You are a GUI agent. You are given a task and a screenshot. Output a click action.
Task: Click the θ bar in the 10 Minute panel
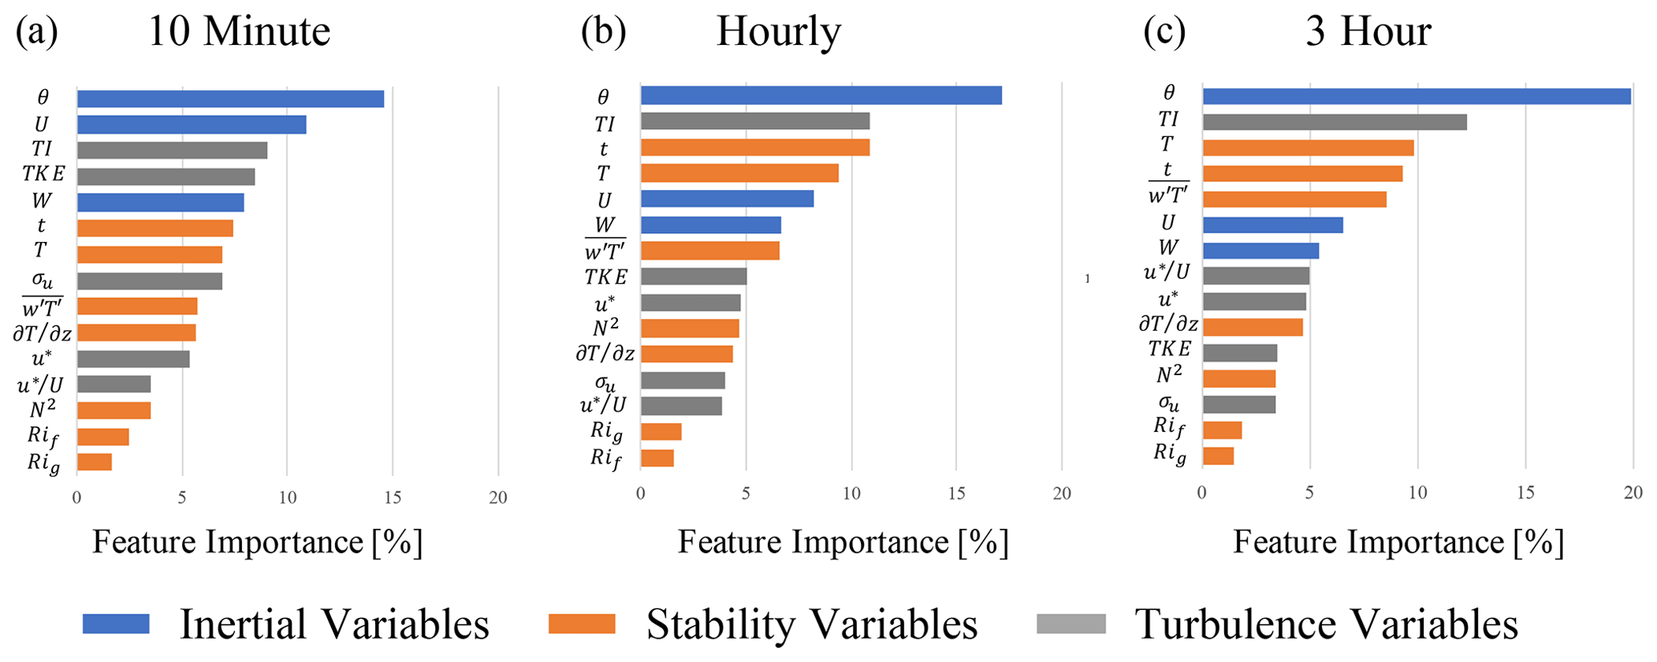click(230, 99)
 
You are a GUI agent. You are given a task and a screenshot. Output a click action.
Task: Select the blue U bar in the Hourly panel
click(727, 199)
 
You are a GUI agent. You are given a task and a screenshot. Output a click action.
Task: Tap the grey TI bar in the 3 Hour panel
click(1334, 122)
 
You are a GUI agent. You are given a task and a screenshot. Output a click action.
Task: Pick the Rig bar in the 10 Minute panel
click(95, 462)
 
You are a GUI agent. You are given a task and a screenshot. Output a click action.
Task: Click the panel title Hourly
click(778, 32)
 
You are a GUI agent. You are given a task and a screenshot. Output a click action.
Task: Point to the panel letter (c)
click(1164, 32)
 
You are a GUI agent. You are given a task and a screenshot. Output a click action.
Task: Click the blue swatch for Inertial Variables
click(116, 624)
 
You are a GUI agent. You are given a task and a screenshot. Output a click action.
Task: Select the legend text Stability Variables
click(811, 624)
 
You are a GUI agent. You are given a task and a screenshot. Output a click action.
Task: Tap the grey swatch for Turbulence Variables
click(1070, 624)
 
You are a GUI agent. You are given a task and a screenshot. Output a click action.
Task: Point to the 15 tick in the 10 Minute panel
click(393, 498)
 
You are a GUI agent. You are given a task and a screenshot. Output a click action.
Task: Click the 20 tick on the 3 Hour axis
click(1633, 493)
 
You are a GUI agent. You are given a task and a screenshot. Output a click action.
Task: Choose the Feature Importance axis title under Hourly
click(843, 543)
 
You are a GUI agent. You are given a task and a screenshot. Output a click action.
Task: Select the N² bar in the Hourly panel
click(689, 329)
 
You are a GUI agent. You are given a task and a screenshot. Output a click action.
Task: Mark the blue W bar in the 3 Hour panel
click(1260, 251)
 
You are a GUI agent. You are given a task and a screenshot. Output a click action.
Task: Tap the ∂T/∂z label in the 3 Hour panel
click(1168, 325)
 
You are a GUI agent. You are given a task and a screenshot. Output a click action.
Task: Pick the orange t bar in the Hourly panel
click(754, 147)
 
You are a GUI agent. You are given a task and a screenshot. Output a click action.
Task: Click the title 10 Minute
click(239, 32)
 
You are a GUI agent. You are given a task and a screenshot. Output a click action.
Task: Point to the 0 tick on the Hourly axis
click(641, 494)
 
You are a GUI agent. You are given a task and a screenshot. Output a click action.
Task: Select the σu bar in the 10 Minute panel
click(149, 281)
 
